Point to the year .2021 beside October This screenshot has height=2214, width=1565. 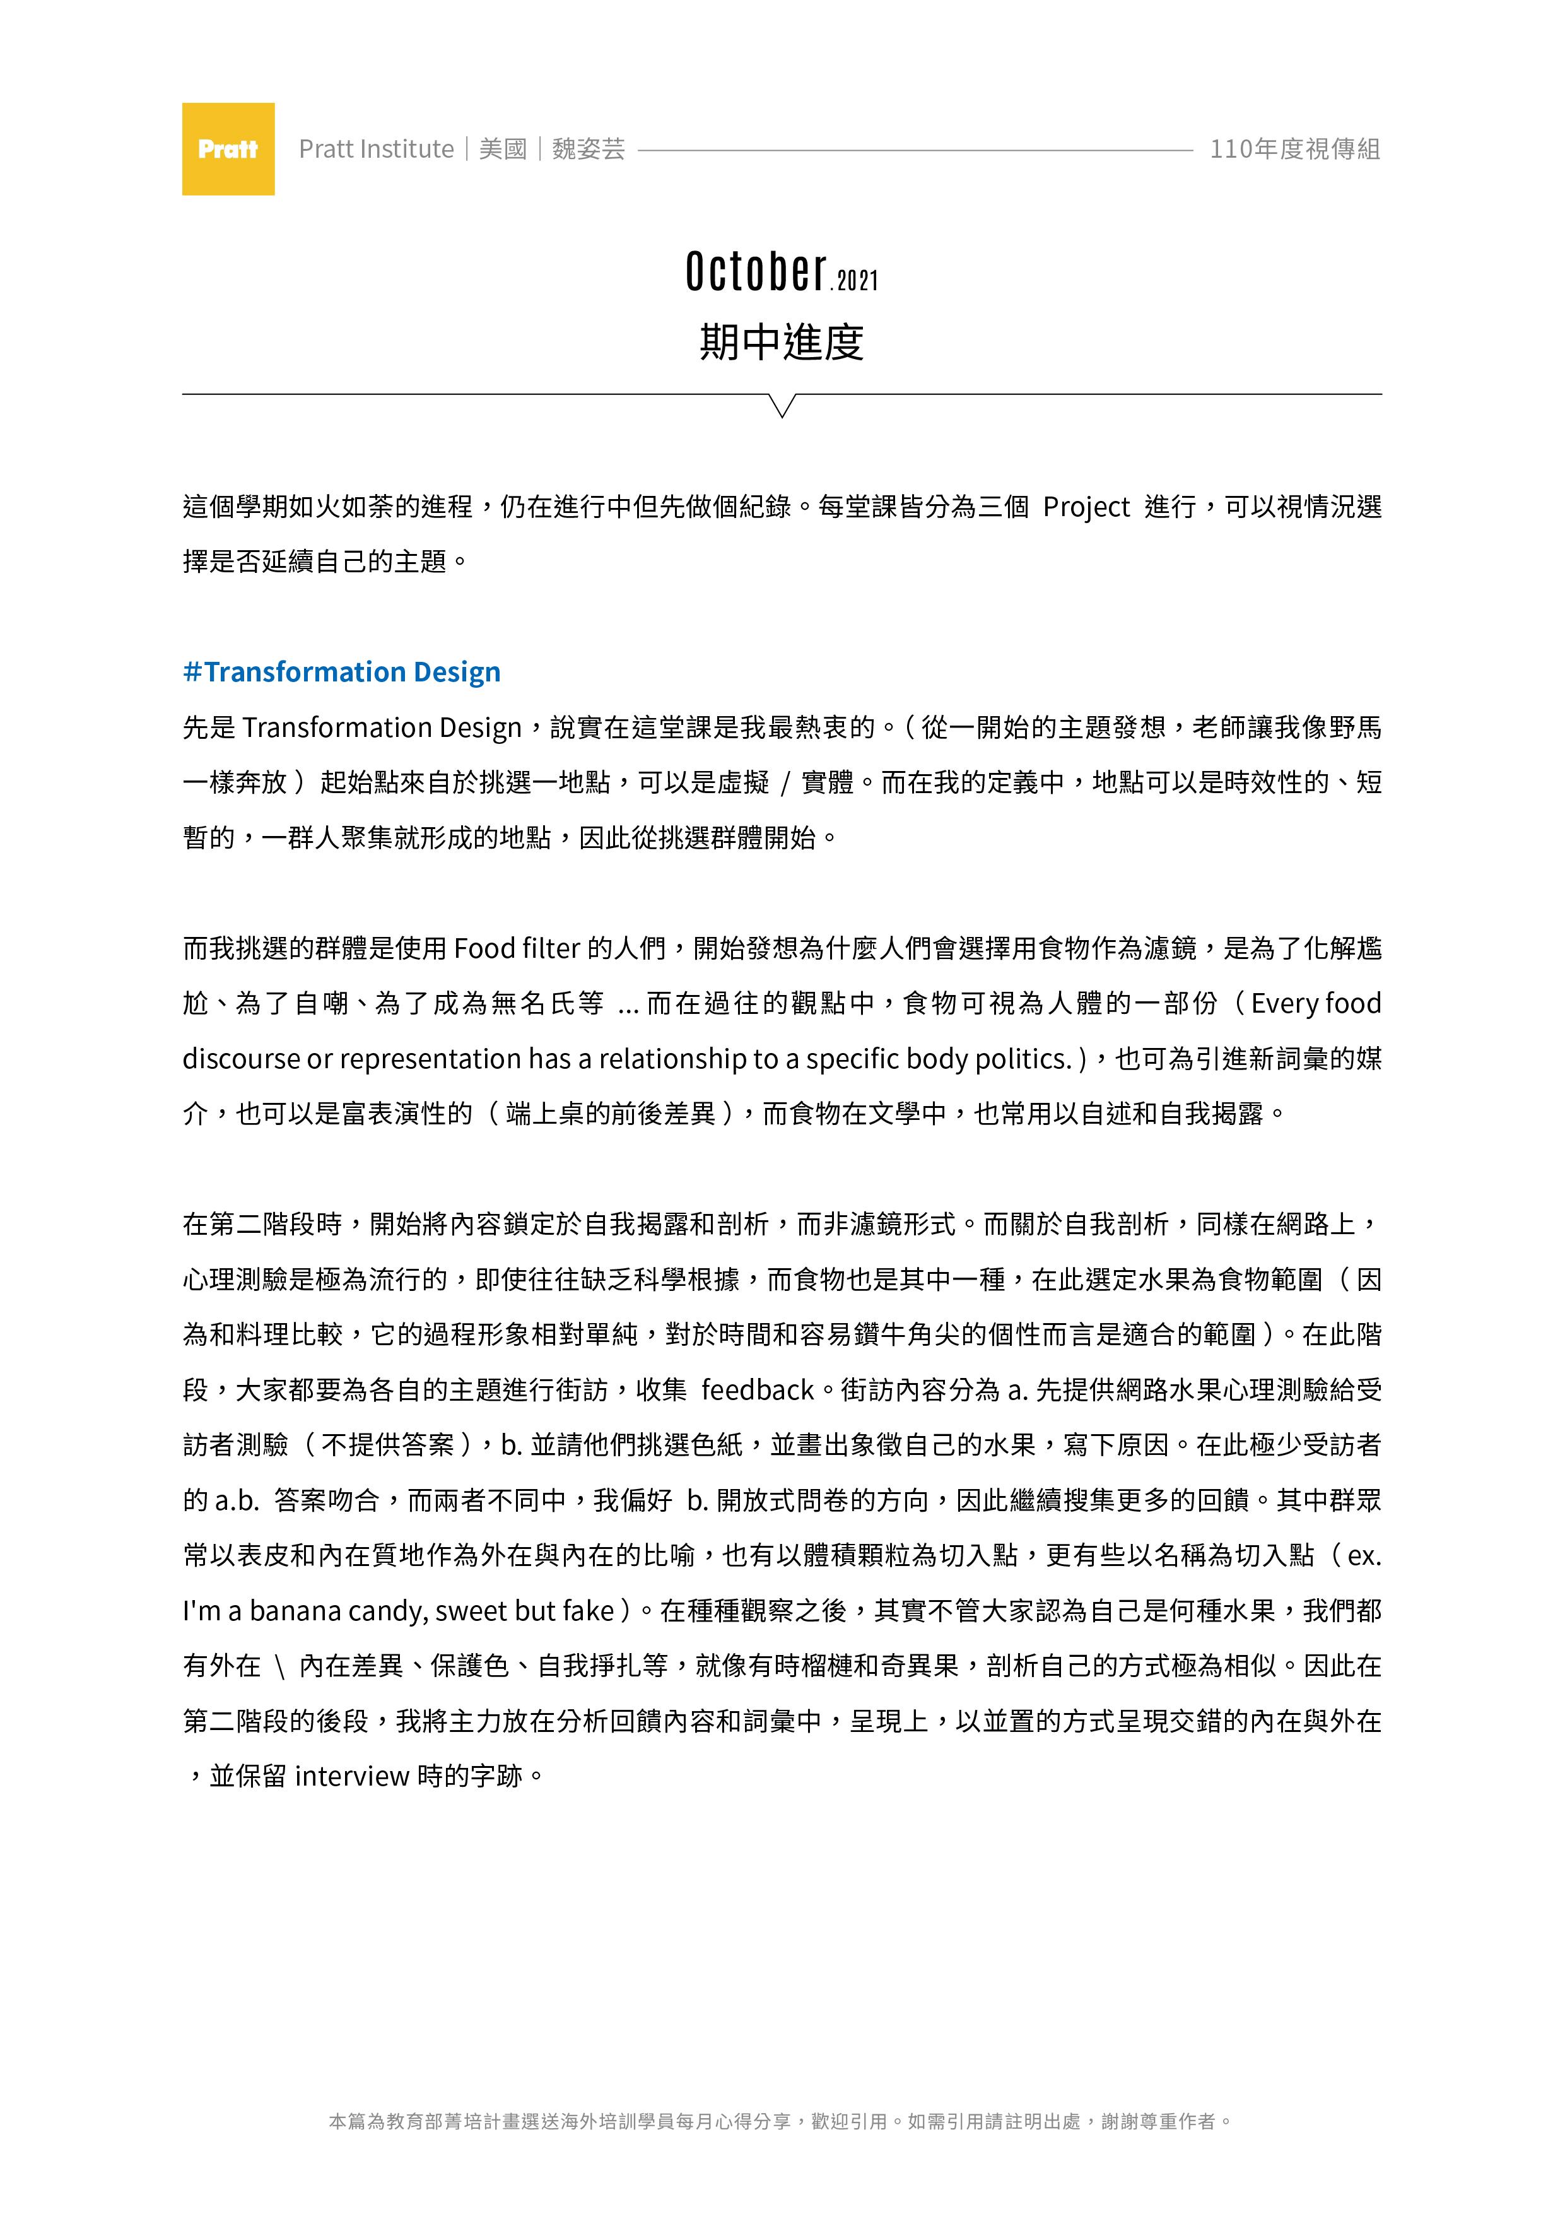pos(855,281)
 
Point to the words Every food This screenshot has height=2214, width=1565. pos(1315,1004)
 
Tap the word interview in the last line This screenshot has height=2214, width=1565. pos(352,1775)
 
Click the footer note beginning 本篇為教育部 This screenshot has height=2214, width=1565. pos(781,2121)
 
